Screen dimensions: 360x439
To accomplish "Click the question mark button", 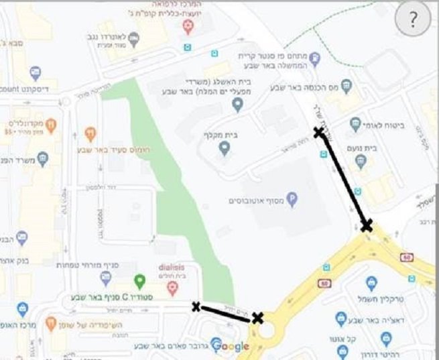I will (x=412, y=21).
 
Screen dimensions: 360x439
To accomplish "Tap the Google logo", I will (x=230, y=346).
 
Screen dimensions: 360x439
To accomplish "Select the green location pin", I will (x=139, y=282).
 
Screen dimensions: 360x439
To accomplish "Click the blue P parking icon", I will (x=292, y=198).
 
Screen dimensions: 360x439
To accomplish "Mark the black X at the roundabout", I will (x=257, y=318).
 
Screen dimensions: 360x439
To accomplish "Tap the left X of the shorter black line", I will (x=196, y=307).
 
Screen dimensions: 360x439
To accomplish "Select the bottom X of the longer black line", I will (x=366, y=225).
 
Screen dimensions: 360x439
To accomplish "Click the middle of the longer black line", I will (x=342, y=179).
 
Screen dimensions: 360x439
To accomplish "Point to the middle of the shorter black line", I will (x=226, y=312).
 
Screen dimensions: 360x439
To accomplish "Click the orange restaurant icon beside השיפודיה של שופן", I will (x=50, y=323).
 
